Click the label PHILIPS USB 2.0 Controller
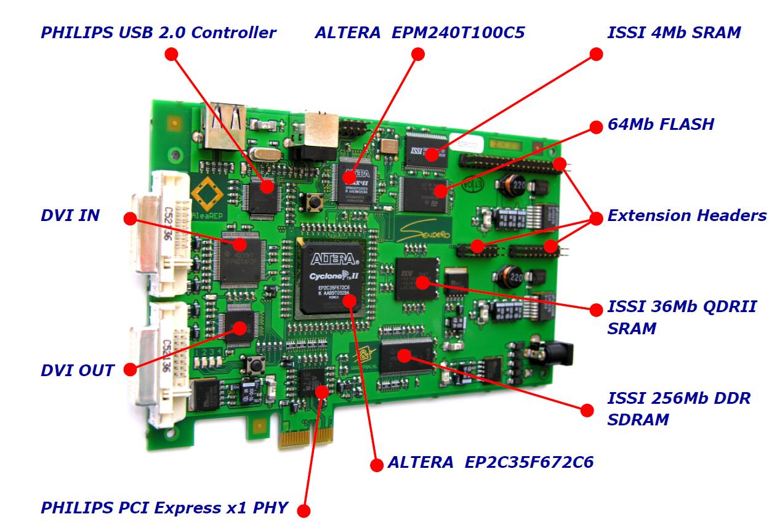(x=158, y=33)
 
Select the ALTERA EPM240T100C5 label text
(x=419, y=33)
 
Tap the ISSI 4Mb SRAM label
(x=674, y=33)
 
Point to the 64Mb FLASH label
(x=661, y=124)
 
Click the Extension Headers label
(x=686, y=216)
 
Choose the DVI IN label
(x=70, y=216)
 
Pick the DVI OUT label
(x=78, y=371)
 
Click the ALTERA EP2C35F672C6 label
(x=491, y=462)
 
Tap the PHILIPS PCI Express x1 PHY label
(x=164, y=508)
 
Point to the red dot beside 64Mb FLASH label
(x=596, y=126)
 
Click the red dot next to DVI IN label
(x=129, y=218)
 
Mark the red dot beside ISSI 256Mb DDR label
(x=587, y=409)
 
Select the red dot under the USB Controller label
(x=172, y=54)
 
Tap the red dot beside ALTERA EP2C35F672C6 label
(x=377, y=464)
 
